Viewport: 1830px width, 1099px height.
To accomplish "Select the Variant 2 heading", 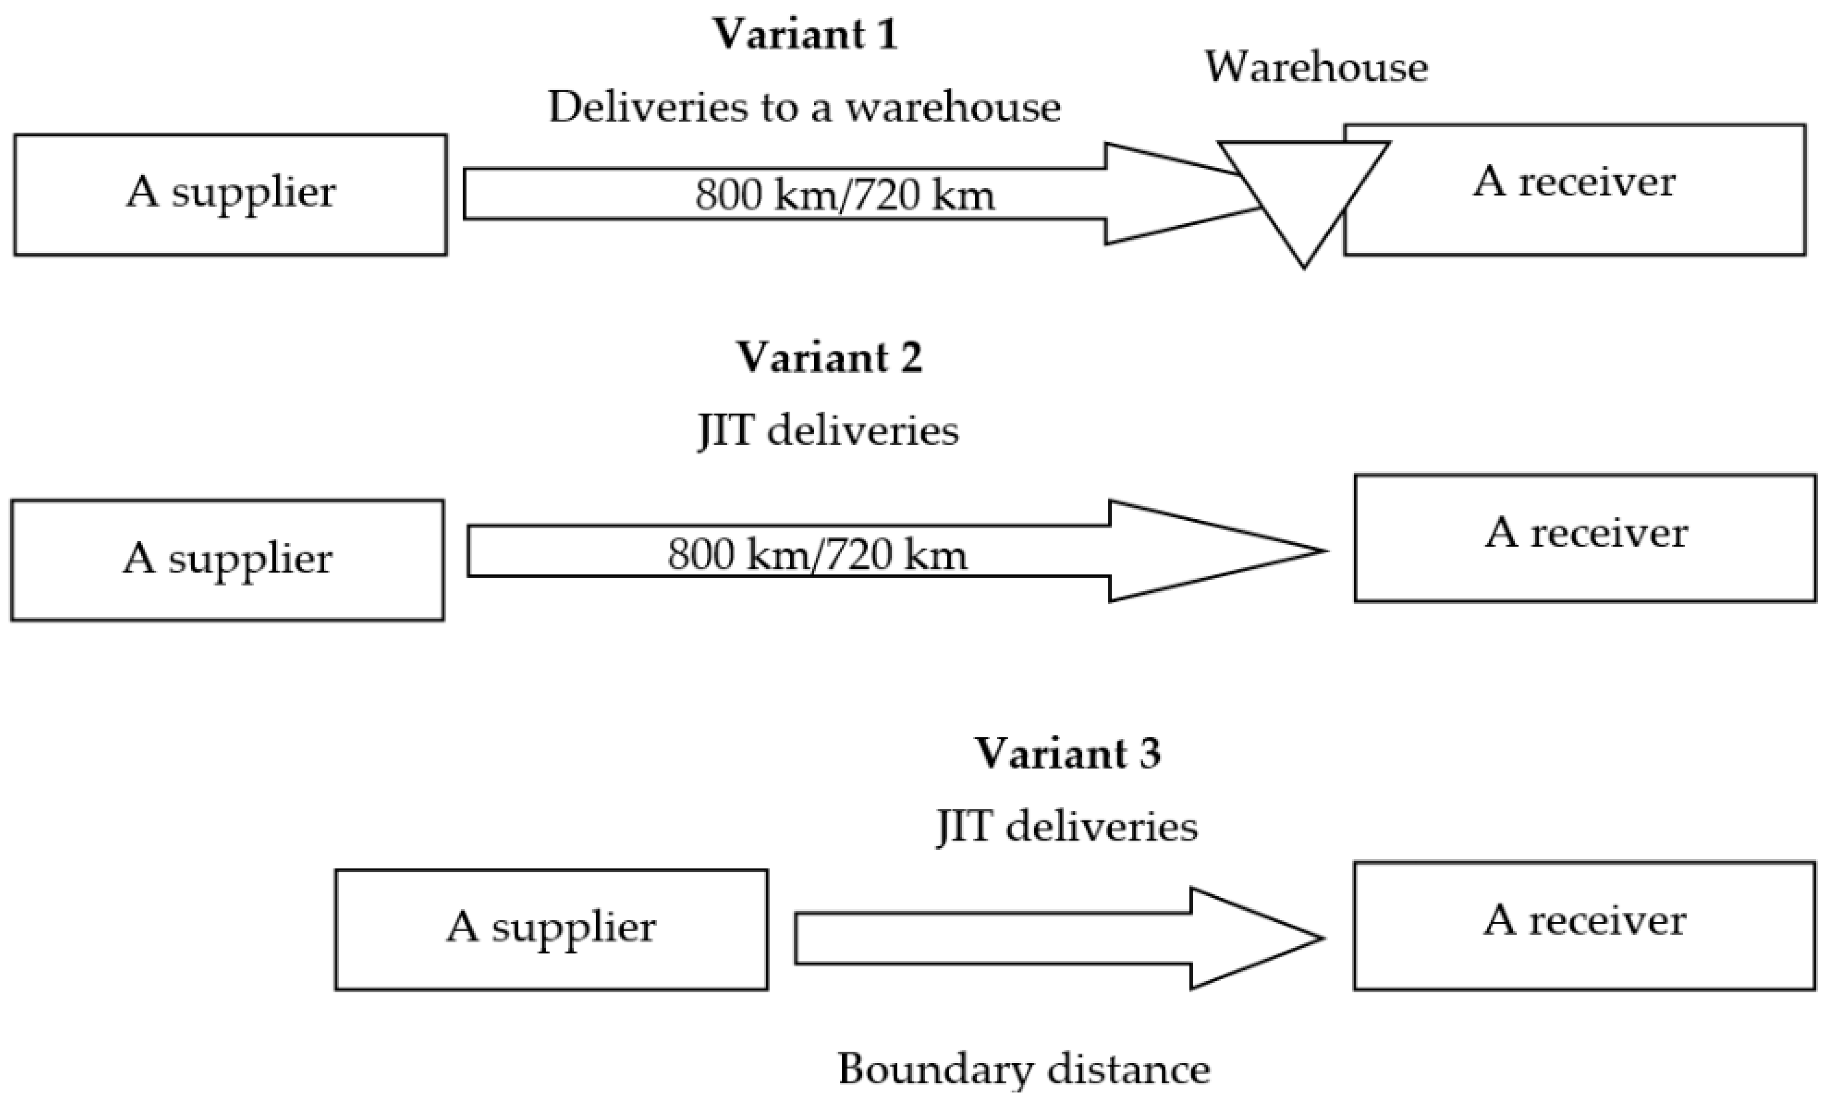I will coord(829,358).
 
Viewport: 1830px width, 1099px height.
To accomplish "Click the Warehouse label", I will coord(1316,67).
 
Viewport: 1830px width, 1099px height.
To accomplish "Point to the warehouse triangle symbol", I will coord(1303,192).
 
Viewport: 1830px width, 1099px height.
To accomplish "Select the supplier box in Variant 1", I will coord(231,195).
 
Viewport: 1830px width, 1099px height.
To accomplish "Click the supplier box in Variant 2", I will coord(228,560).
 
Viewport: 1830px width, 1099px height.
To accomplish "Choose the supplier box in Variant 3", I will coord(551,929).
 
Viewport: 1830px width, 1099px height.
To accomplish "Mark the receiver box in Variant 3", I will coord(1584,925).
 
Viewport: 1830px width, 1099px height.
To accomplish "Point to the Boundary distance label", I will coord(1023,1070).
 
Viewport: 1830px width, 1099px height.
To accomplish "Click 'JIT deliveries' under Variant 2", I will coord(828,431).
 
